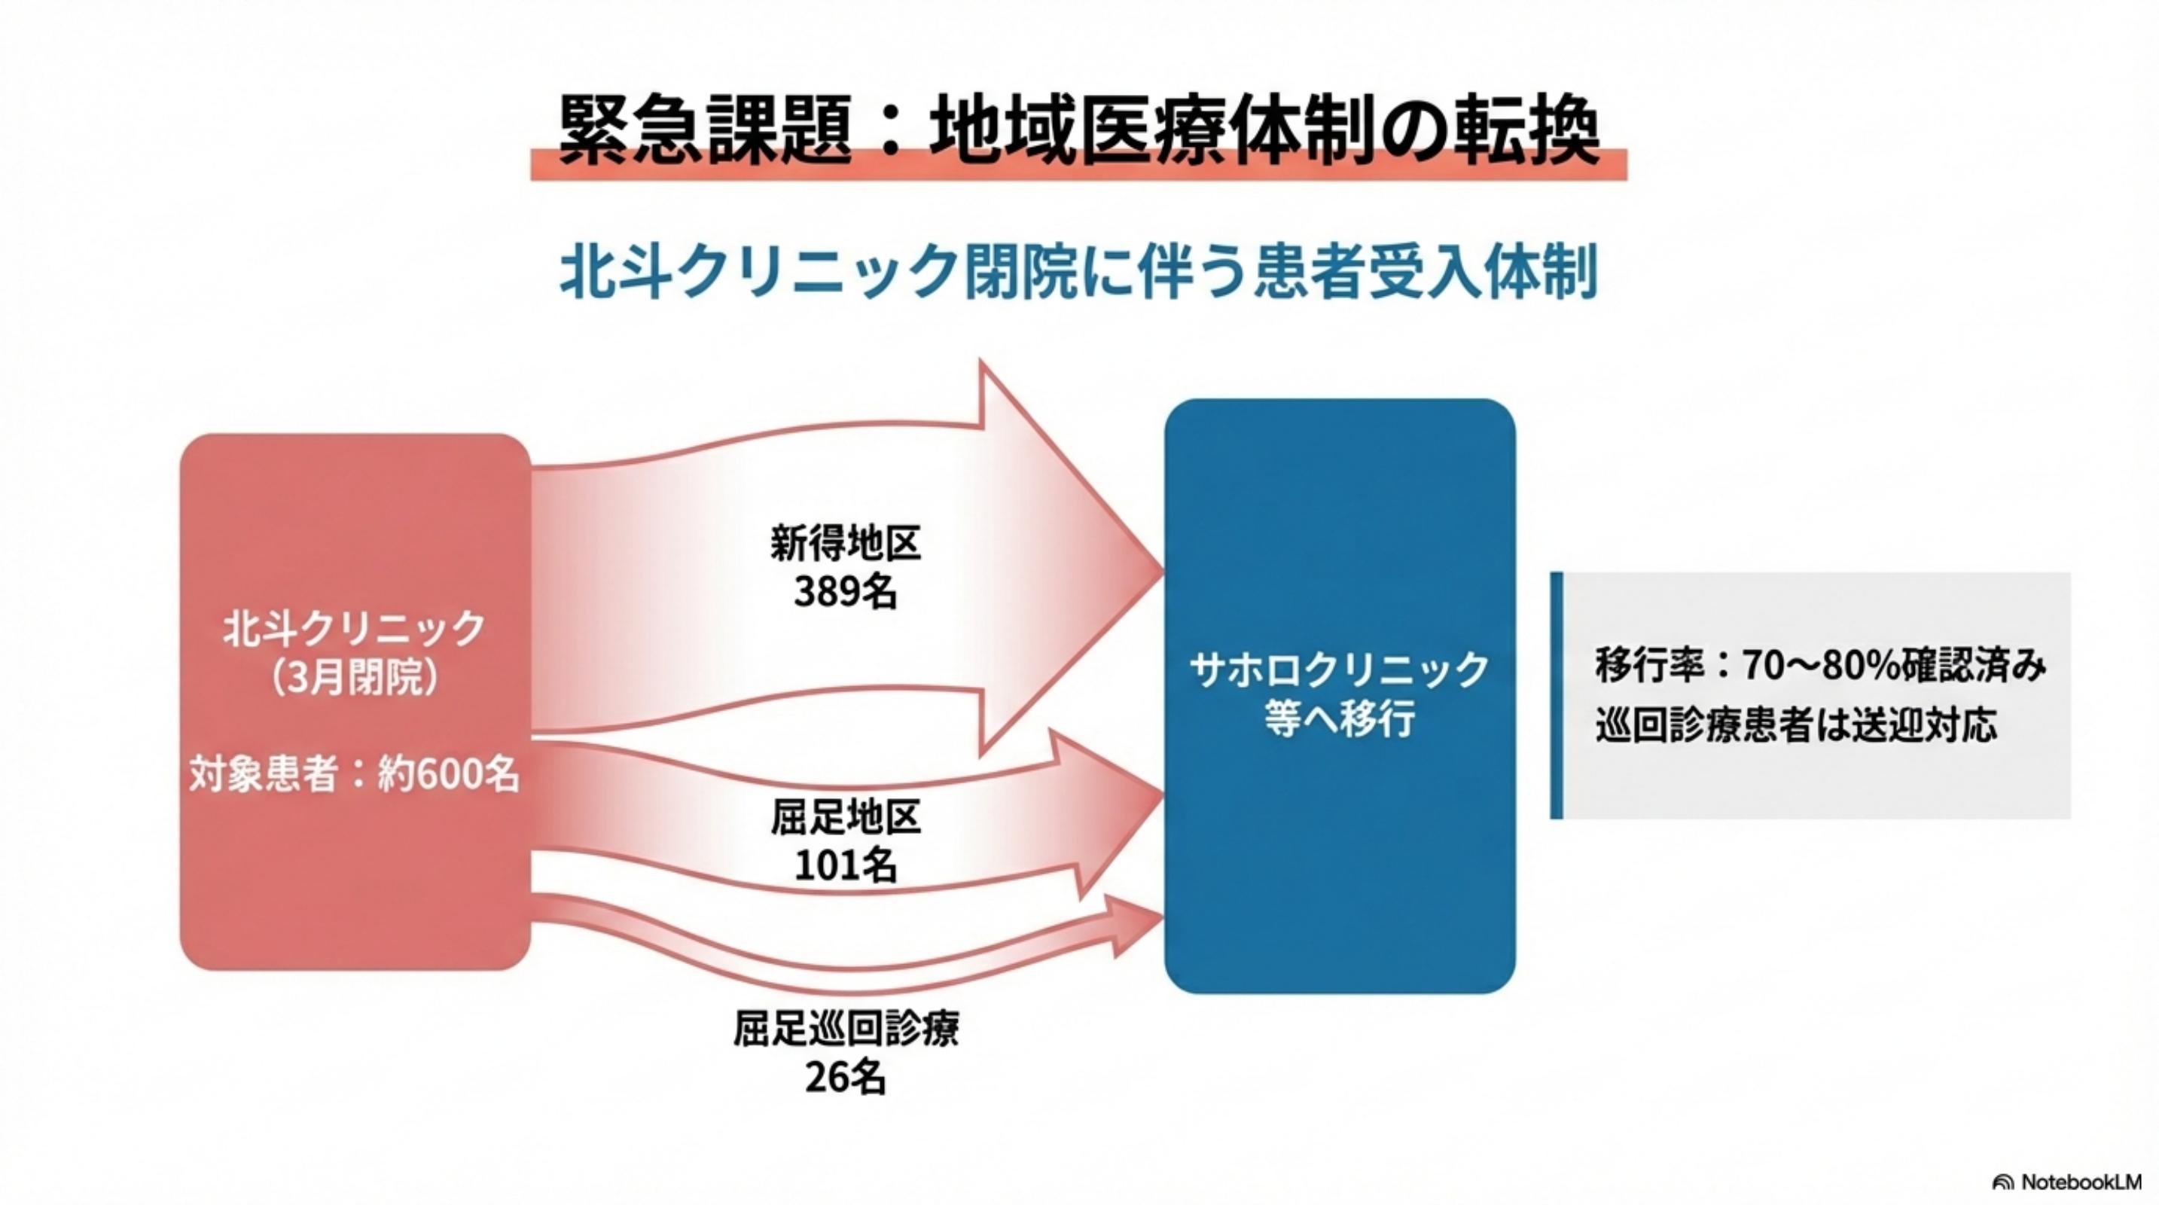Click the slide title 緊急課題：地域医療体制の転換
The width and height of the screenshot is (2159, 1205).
point(1078,132)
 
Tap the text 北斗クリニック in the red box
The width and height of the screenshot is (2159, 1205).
point(355,628)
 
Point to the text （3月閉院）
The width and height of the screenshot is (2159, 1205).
point(355,677)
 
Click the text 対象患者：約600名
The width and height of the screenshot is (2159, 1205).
point(355,773)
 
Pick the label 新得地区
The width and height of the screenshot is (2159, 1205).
point(846,543)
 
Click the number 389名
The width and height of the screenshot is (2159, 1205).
point(846,593)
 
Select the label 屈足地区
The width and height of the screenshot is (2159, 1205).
point(846,818)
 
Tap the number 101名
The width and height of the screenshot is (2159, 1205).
point(846,865)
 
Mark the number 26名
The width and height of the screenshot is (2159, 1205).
point(846,1078)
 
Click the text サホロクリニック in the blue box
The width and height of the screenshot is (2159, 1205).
point(1338,670)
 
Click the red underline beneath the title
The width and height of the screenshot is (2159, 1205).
point(1078,171)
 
